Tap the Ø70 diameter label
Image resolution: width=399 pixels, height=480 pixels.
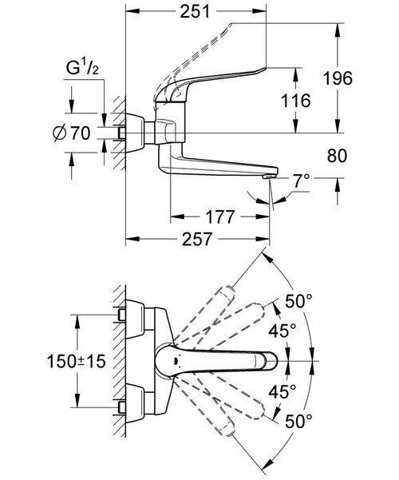tap(72, 133)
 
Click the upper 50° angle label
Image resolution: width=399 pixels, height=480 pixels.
tap(298, 301)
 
